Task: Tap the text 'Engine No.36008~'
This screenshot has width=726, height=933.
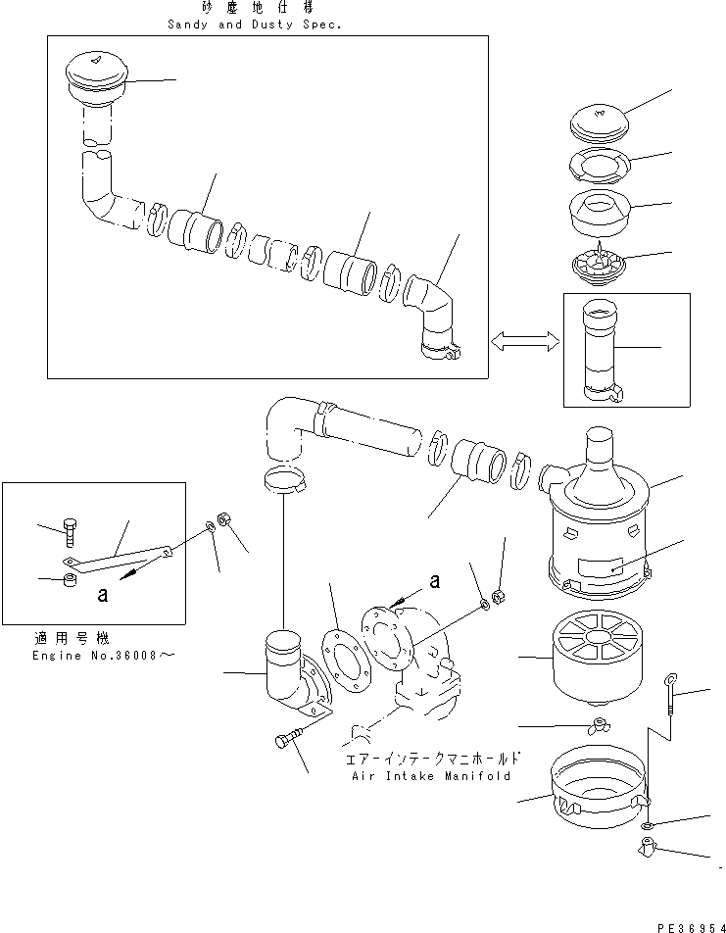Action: [x=95, y=656]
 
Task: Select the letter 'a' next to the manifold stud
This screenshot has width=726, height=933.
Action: [x=433, y=581]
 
